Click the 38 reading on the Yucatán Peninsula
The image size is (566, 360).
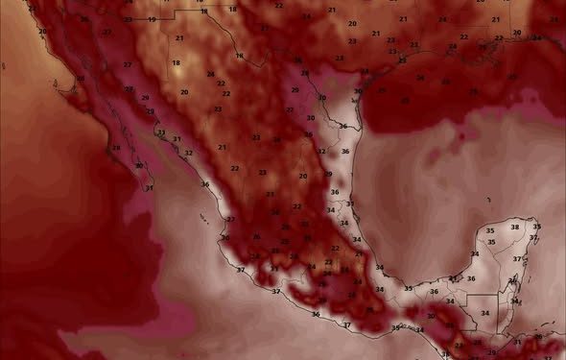pos(515,227)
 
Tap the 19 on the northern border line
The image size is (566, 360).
pos(153,19)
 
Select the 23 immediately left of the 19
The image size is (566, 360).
pos(129,19)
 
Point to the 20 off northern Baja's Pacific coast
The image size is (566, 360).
pos(42,32)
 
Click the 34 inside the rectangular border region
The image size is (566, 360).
pos(484,313)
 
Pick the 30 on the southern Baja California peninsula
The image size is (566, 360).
pos(139,166)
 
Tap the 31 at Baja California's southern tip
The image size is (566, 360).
pos(149,187)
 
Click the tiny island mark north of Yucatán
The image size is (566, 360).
pos(489,199)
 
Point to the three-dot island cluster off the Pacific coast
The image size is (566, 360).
pos(205,218)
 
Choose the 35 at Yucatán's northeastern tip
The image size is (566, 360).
pos(536,227)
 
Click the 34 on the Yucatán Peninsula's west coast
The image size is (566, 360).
pos(474,253)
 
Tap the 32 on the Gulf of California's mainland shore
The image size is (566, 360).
pos(188,153)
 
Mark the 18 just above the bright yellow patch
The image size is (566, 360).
pos(176,62)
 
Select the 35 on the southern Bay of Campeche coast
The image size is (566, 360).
pos(409,288)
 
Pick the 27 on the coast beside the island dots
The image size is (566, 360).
pos(230,220)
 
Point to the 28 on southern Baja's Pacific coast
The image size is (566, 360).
pos(116,148)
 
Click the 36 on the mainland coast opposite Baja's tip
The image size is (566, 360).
pos(204,184)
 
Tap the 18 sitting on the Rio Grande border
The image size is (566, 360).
pos(240,57)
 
